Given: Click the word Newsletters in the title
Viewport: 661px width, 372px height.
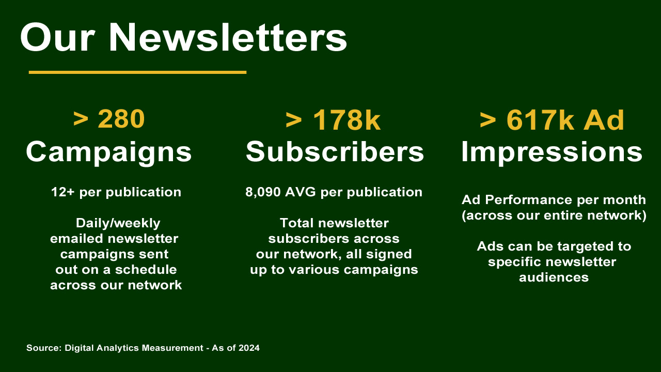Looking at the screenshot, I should click(x=228, y=37).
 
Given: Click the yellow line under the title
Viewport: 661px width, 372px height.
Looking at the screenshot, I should click(x=137, y=72).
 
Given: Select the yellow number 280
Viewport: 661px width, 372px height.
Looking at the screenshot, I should click(x=121, y=119).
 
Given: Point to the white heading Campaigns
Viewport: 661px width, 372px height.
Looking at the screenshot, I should click(x=109, y=152).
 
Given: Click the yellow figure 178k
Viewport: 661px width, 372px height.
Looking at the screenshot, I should click(x=347, y=120).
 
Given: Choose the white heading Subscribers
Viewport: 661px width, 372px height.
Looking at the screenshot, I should click(x=335, y=152).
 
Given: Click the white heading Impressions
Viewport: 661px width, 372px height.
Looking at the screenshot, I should click(x=552, y=152).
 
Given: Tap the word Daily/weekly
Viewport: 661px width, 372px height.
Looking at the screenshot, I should click(x=118, y=223).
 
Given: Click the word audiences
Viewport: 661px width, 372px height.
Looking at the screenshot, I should click(x=554, y=277).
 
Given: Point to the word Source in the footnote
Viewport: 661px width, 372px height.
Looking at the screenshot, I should click(x=43, y=348).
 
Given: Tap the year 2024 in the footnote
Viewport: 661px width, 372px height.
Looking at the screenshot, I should click(x=249, y=348).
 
